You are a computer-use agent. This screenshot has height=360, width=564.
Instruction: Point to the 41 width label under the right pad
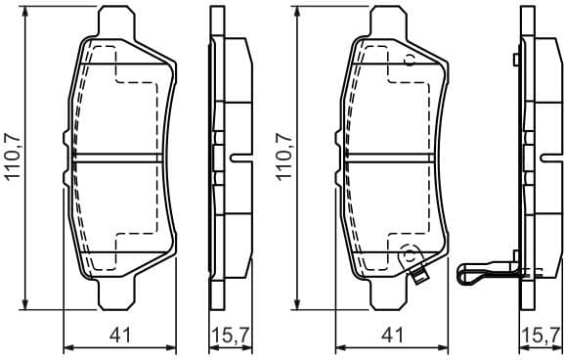tap(393, 336)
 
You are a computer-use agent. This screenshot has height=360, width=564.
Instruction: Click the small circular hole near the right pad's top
tap(410, 60)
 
